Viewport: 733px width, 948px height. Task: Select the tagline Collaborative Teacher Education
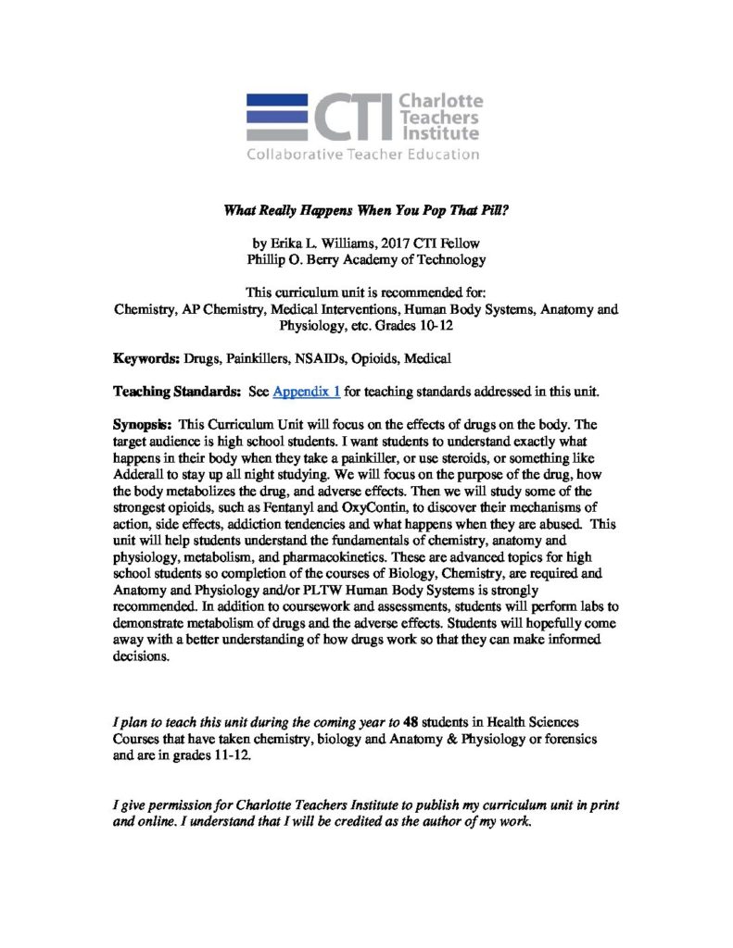pos(362,155)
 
